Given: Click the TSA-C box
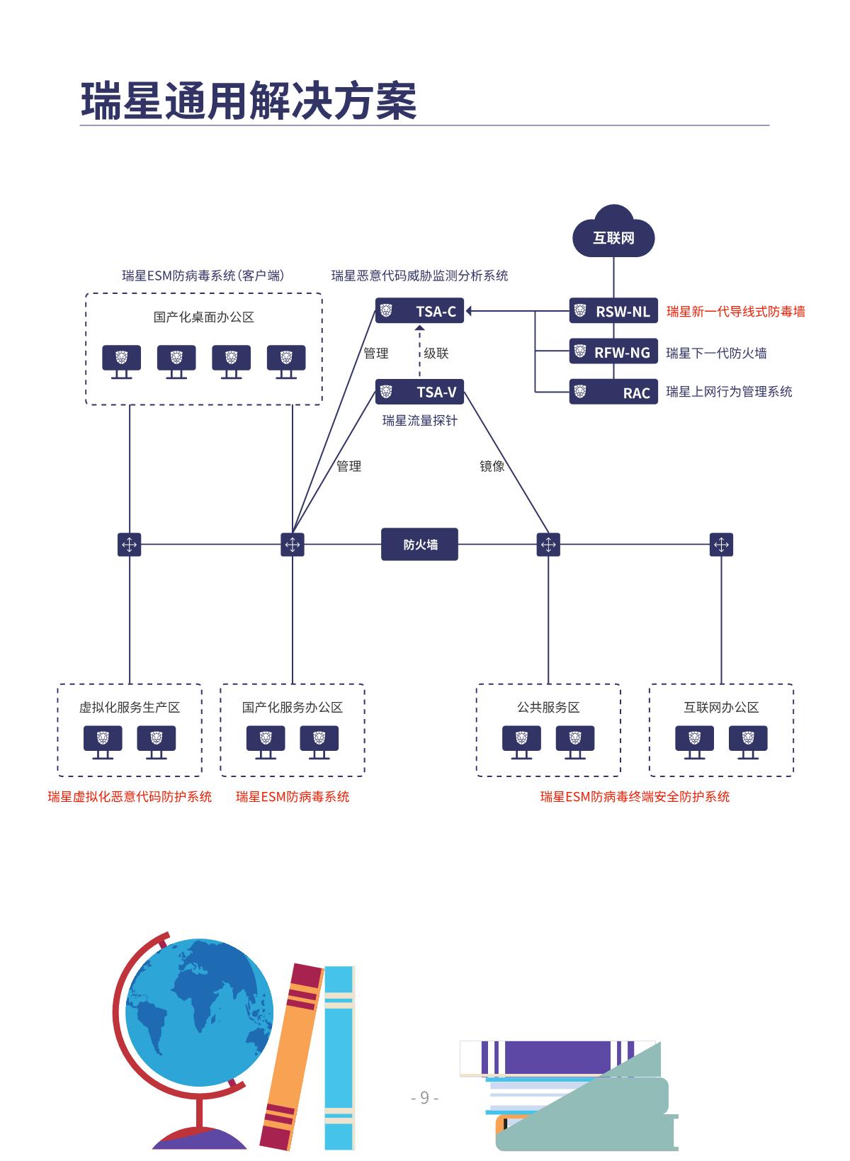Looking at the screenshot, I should pos(419,311).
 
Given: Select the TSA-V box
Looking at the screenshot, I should pos(419,392).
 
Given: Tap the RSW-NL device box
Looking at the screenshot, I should pos(613,311).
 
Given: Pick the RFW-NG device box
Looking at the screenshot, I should pos(613,352).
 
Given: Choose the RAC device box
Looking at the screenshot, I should pos(613,392).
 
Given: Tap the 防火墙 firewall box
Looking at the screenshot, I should pos(419,545).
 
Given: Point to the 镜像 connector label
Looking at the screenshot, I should pos(492,466).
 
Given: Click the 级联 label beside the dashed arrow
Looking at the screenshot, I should pos(436,353).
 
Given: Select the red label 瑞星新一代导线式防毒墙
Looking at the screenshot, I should pos(735,311).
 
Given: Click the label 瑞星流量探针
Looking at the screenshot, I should pos(419,421).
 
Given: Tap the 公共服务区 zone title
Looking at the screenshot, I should pos(548,707).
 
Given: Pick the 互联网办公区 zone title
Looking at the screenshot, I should pos(721,707).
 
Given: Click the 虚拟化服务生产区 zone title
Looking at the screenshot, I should pos(130,707).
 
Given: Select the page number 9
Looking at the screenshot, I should pos(424,1097).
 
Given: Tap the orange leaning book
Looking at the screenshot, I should pos(290,1055).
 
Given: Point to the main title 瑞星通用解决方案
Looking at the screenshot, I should pos(249,101).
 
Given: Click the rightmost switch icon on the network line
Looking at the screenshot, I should pos(721,545).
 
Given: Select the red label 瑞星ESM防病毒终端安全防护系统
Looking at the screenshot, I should pos(635,797).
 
